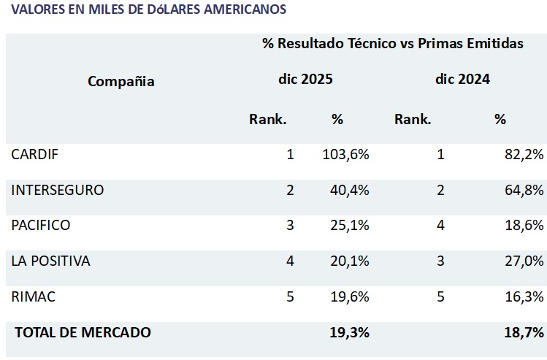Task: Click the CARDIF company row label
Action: coord(34,154)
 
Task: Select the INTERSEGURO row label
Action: coord(58,190)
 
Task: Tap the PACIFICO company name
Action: coord(41,225)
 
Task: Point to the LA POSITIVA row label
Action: coord(50,261)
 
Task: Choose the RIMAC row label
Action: coord(33,296)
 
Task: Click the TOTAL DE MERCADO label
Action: coord(83,332)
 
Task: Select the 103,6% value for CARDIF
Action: coord(345,154)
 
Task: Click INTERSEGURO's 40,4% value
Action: coord(350,190)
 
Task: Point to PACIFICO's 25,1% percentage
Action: coord(350,225)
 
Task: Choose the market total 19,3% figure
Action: coord(349,332)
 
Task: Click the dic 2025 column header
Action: coord(305,80)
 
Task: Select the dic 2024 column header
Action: coord(462,80)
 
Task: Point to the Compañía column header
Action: coord(121,81)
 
